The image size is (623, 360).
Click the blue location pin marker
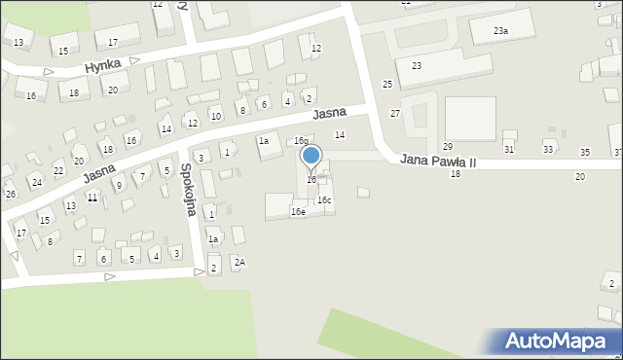coord(311,156)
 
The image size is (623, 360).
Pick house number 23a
coord(500,31)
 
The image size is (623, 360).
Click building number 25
coord(387,85)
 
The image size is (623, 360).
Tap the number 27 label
coord(395,114)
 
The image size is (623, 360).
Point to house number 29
coord(448,146)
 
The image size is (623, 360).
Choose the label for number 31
coord(508,148)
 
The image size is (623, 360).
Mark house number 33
coord(548,149)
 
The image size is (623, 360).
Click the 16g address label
coord(302,141)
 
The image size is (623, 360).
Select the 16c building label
coord(324,200)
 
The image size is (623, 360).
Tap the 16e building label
coord(298,211)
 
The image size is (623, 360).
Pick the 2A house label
coord(239,262)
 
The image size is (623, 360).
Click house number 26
coord(10,195)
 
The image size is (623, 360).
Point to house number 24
coord(37,182)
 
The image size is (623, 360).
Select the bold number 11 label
coord(92,198)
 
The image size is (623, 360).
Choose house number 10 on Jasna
coord(216,117)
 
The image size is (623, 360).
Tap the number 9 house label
coord(119,185)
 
